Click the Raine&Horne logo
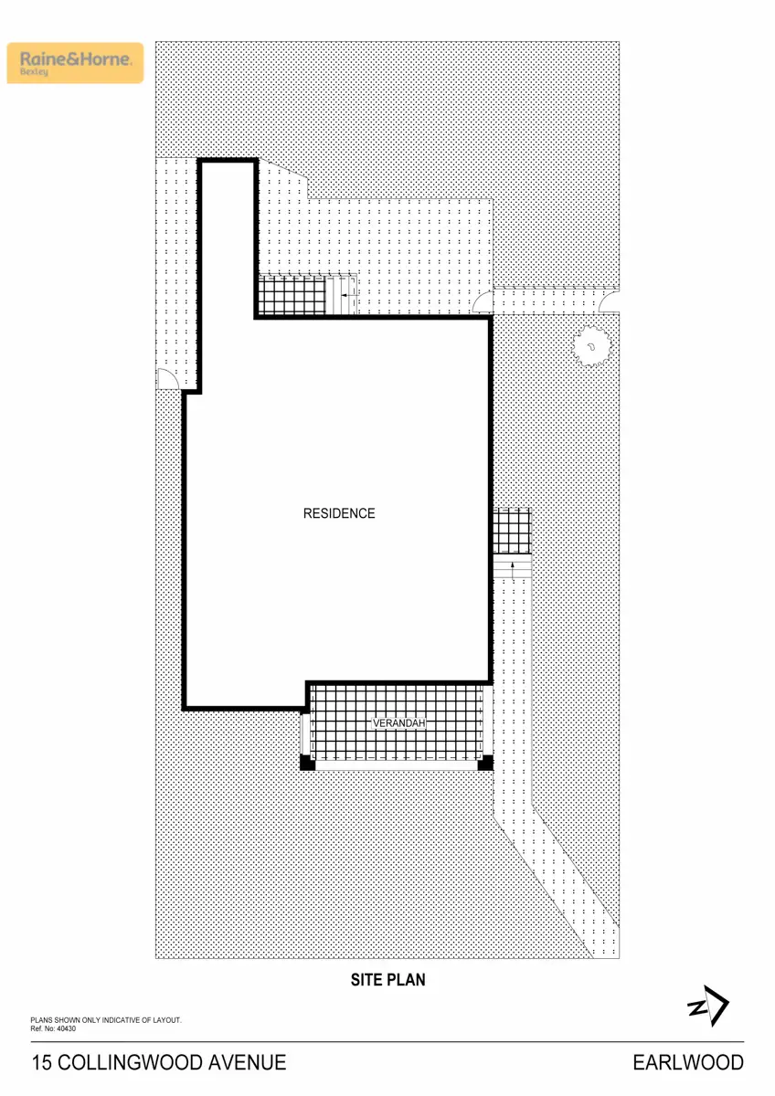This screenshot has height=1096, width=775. click(x=76, y=62)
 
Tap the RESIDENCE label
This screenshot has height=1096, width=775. click(x=339, y=513)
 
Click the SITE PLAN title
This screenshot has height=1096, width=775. click(x=388, y=980)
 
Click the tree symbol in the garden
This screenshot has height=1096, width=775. click(x=592, y=346)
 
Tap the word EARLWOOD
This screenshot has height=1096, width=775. click(x=688, y=1062)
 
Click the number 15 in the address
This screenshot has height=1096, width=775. click(x=42, y=1062)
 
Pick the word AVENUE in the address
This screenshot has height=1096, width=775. click(x=245, y=1062)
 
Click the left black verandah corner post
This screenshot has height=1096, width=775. click(x=308, y=764)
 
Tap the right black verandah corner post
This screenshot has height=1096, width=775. click(x=486, y=764)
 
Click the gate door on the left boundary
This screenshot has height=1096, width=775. click(x=168, y=379)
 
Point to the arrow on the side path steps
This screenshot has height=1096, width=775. click(x=513, y=571)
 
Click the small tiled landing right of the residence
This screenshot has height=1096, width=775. click(x=512, y=531)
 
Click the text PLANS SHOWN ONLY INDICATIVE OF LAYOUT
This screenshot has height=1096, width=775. click(x=107, y=1019)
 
